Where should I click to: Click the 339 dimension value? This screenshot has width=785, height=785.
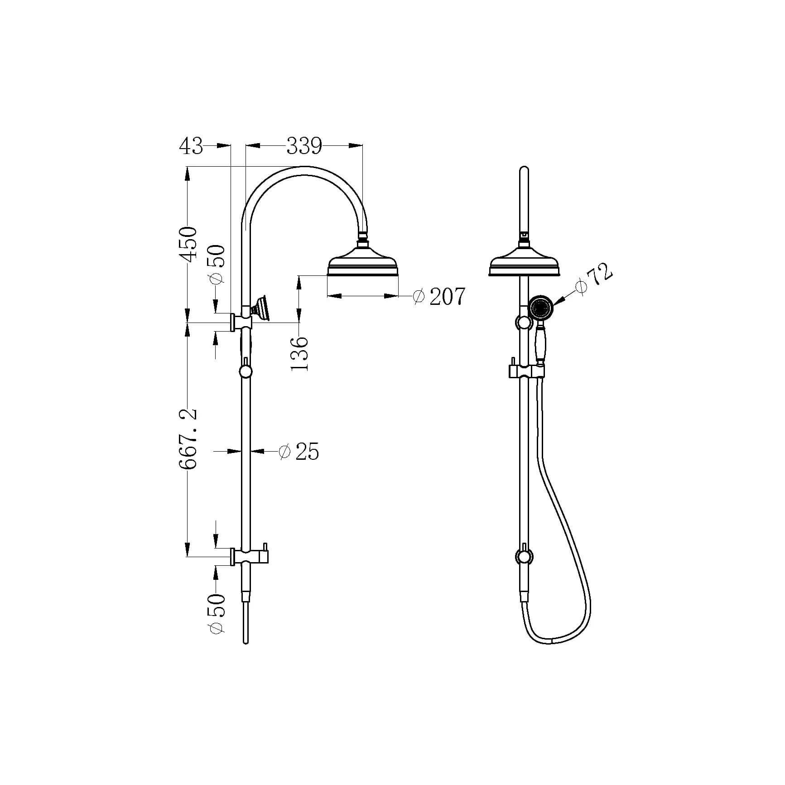[304, 146]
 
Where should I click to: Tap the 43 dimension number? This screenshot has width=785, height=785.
[192, 146]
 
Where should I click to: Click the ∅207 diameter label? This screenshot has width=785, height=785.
[438, 297]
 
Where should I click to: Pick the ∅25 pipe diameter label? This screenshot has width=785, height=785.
[299, 452]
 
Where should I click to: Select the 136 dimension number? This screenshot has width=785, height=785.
[300, 354]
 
